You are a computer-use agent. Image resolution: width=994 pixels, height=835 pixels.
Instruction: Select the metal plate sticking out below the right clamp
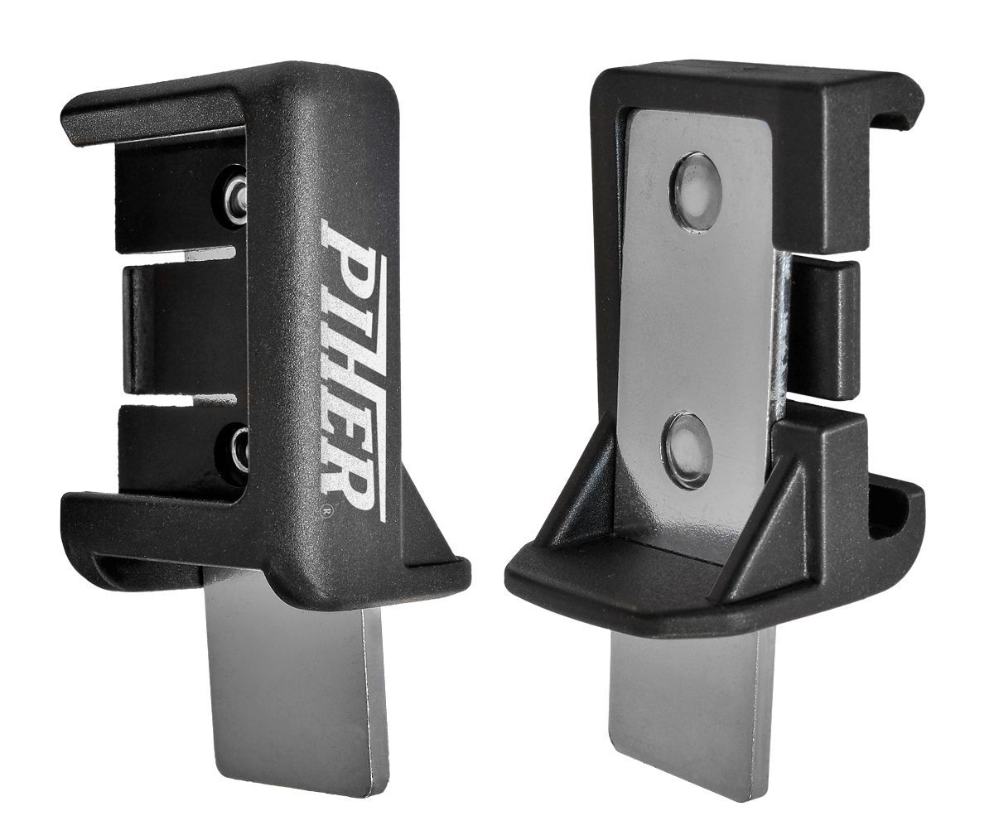point(692,704)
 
